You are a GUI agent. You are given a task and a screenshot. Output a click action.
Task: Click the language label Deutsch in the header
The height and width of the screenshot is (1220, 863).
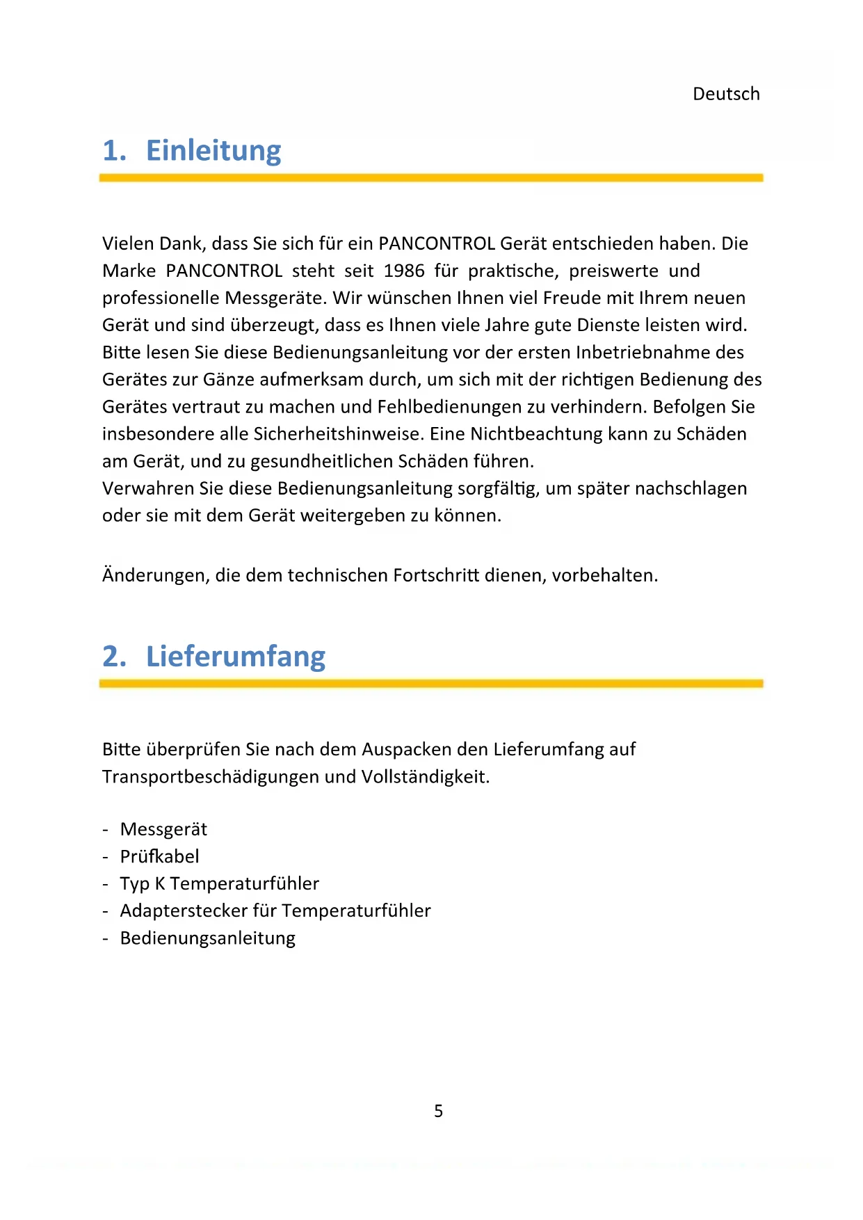coord(726,94)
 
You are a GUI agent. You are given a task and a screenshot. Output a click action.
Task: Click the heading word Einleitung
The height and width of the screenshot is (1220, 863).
coord(213,151)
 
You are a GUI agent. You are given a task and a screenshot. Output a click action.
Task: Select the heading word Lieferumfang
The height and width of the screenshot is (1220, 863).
coord(236,657)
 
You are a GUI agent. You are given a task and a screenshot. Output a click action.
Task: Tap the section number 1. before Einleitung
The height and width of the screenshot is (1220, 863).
coord(115,151)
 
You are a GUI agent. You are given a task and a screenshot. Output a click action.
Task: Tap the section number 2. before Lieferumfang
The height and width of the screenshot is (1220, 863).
coord(115,657)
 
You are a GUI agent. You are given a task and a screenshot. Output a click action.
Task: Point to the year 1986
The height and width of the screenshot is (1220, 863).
coord(404,271)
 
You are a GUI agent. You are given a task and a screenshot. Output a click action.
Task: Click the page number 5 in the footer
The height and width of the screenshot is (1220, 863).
coord(438,1111)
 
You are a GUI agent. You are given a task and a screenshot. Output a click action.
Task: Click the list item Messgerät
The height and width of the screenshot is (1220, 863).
coord(163,829)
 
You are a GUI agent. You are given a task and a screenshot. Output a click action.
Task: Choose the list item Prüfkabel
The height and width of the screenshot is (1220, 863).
coord(159,856)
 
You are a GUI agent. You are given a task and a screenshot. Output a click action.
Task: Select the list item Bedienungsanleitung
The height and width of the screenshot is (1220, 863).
coord(207,938)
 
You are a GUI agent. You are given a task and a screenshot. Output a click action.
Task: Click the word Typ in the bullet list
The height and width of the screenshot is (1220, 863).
coord(134,884)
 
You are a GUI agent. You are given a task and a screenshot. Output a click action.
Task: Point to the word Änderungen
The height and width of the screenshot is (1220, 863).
coord(156,575)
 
